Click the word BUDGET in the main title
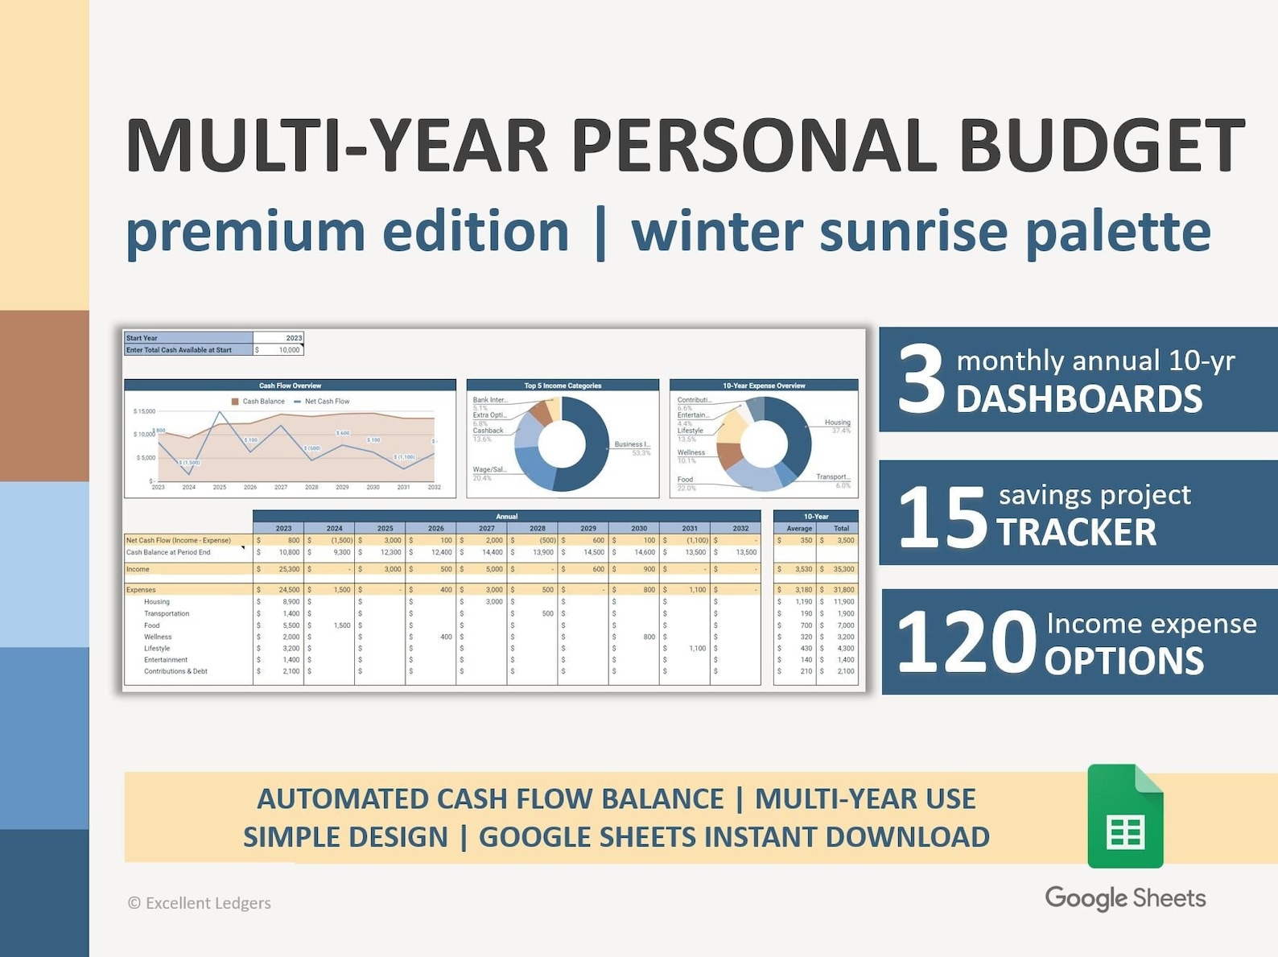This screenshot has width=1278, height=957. click(x=1101, y=146)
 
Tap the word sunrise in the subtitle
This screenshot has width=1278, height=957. click(x=913, y=231)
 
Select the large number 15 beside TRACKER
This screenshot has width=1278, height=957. click(x=941, y=517)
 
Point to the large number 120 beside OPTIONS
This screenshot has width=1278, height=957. click(x=966, y=642)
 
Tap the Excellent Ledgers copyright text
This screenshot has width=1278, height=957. click(x=200, y=903)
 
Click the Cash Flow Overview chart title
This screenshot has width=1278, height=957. click(x=290, y=386)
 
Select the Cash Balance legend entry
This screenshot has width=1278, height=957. click(x=258, y=401)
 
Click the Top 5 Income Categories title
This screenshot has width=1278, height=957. click(x=563, y=386)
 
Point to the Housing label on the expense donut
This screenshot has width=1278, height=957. click(x=837, y=422)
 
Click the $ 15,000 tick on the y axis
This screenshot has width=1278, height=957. click(x=144, y=411)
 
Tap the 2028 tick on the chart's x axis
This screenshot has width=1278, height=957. click(x=311, y=487)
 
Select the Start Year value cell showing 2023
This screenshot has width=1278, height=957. click(x=278, y=338)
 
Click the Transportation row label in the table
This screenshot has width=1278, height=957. click(x=167, y=613)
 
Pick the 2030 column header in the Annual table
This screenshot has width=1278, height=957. click(x=638, y=529)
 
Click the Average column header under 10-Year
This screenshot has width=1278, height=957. click(x=798, y=529)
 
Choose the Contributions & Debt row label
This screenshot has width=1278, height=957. click(x=175, y=671)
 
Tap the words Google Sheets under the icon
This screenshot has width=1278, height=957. click(x=1124, y=898)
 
